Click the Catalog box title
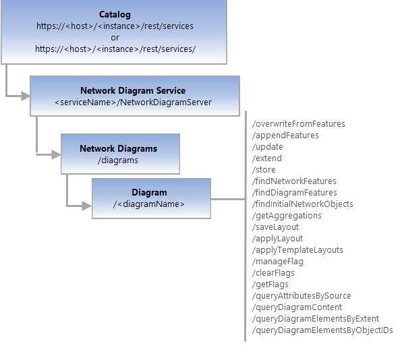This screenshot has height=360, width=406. [x=115, y=14]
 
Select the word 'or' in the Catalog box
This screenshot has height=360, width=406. [x=115, y=37]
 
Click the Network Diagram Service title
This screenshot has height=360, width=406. [x=133, y=90]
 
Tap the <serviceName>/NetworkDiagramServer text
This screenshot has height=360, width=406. [x=133, y=102]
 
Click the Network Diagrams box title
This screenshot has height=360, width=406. [x=118, y=148]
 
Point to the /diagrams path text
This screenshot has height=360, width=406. [x=118, y=160]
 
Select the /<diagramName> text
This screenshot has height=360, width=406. [x=149, y=204]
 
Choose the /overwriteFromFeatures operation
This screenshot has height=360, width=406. [x=298, y=124]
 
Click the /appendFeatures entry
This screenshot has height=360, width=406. [x=285, y=136]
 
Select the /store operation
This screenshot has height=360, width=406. [x=264, y=170]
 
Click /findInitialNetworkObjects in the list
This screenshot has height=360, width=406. [x=302, y=204]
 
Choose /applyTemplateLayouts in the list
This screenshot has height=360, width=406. [x=297, y=250]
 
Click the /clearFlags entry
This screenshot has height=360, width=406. [x=273, y=273]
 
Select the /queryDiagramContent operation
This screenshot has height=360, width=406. [x=297, y=307]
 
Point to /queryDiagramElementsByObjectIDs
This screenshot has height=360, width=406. [x=322, y=330]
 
